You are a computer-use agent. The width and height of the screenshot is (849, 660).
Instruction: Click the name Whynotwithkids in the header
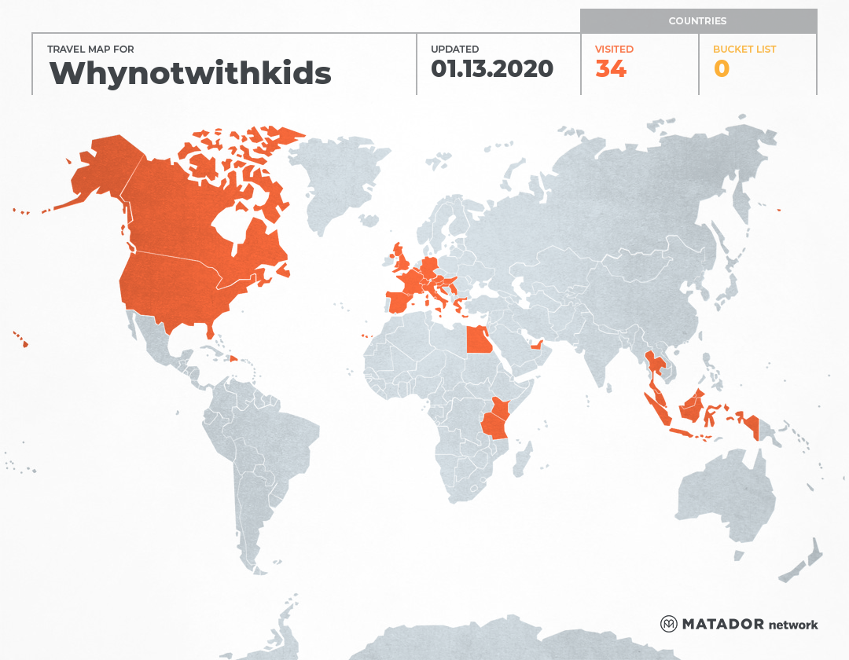point(189,73)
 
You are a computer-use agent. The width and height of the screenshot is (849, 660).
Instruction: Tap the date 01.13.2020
point(492,69)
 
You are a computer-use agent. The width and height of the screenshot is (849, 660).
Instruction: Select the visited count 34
point(611,69)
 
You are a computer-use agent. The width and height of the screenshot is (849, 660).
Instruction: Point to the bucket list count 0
point(721,69)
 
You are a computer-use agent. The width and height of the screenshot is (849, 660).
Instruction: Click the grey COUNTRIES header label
point(697,21)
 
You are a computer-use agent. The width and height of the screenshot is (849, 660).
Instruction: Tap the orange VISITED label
point(614,49)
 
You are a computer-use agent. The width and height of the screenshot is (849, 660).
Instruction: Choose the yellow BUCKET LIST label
point(744,49)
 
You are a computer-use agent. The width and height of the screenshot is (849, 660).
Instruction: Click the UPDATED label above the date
point(454,49)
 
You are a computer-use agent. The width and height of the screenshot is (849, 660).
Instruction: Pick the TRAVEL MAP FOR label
point(90,49)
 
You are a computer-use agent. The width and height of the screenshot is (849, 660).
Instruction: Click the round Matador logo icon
point(669,624)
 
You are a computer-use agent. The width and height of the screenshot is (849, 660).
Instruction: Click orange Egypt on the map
point(480,341)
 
